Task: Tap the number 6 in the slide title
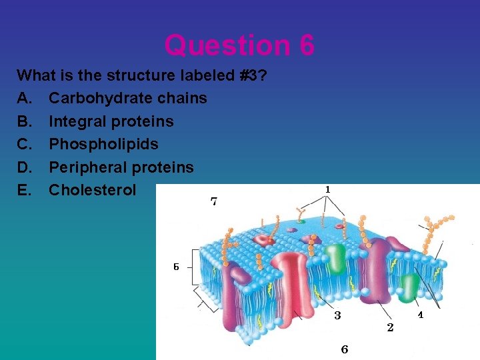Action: [x=307, y=46]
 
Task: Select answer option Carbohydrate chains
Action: [x=128, y=98]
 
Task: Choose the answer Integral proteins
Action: [x=111, y=121]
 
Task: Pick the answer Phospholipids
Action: [x=103, y=144]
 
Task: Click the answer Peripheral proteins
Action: [x=121, y=167]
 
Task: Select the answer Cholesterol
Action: [x=92, y=189]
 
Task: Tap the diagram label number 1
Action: [x=327, y=190]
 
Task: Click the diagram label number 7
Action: [x=214, y=201]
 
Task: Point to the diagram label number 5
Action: [x=176, y=267]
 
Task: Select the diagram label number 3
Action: [x=337, y=315]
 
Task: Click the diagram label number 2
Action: [x=390, y=327]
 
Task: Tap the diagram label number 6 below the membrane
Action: [x=344, y=349]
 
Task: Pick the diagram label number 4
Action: [x=420, y=315]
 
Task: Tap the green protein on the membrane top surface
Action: [x=336, y=257]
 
